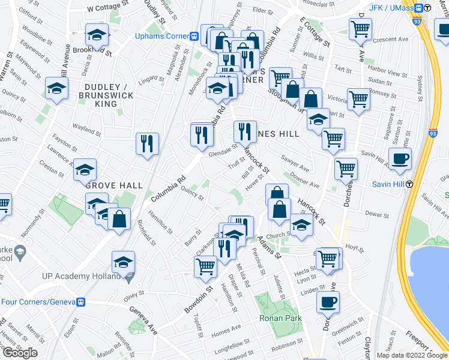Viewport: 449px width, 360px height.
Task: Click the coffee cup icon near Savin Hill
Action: pos(400,158)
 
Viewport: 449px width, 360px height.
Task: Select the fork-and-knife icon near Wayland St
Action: pos(147,143)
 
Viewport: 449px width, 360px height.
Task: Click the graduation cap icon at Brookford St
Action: pos(97,35)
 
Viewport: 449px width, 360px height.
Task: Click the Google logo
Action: pos(19,353)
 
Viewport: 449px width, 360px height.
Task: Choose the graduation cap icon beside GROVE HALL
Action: pos(85,169)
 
